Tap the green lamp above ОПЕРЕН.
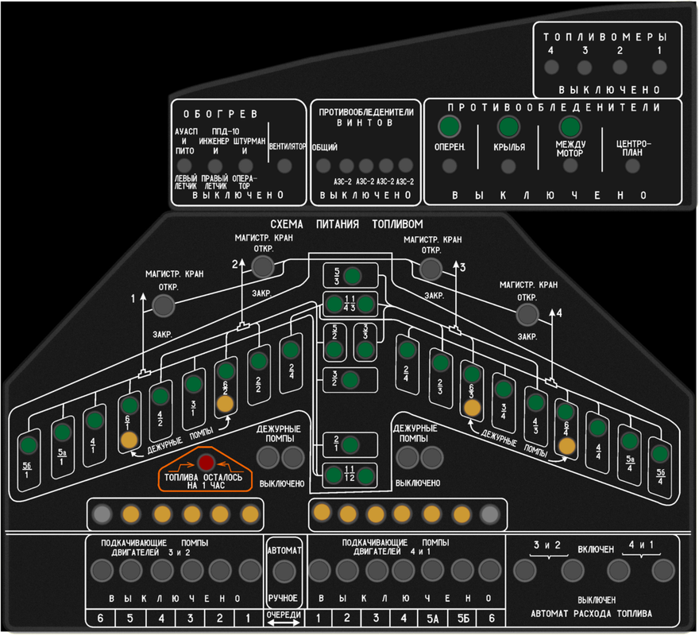click(450, 127)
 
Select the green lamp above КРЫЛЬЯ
click(508, 127)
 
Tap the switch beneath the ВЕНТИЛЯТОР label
click(284, 165)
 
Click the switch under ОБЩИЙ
click(324, 165)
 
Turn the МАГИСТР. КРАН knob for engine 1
click(162, 305)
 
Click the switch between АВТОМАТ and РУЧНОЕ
click(284, 570)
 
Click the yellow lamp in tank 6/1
click(129, 440)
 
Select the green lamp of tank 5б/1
click(29, 444)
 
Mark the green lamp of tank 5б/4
click(659, 454)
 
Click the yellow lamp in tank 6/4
click(565, 446)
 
